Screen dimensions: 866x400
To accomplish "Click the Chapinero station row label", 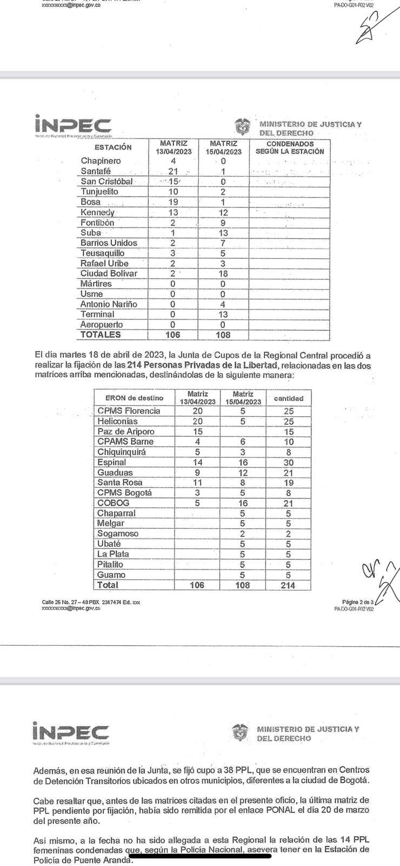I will pos(101,161).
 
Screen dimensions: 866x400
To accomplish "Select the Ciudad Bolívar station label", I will pos(109,273).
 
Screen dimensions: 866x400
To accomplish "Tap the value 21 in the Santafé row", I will pos(173,171).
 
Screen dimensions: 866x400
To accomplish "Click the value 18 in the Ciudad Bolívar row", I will pos(223,273).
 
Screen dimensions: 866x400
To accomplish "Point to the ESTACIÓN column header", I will pos(113,147).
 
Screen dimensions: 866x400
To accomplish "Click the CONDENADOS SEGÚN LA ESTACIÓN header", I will pos(290,148).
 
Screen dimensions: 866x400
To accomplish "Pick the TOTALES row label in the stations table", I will pos(101,334).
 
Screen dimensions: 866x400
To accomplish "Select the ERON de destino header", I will pos(134,398).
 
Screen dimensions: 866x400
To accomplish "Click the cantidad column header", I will pos(289,398).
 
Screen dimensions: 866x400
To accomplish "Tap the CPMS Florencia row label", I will pos(129,411).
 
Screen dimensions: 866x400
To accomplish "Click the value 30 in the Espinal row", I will pos(289,462).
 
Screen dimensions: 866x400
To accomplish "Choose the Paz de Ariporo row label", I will pos(126,431).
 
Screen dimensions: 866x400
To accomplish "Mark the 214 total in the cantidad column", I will pos(289,585).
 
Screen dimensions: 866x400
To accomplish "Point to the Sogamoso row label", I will pos(118,534).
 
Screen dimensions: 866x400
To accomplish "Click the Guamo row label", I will pos(111,575).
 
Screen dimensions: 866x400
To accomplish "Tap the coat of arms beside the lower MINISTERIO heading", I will pos(240,733).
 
